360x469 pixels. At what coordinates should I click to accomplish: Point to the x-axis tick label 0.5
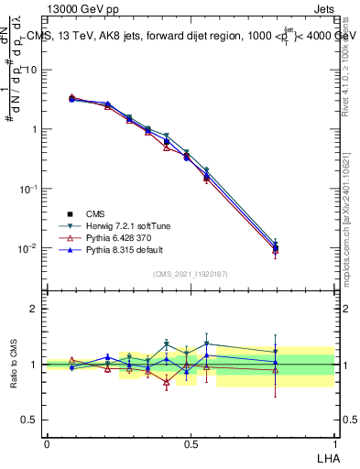[x=191, y=443]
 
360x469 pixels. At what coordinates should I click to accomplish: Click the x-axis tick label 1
[x=334, y=443]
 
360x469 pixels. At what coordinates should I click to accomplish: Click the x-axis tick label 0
[x=47, y=443]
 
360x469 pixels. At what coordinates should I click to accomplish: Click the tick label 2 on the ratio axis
[x=35, y=309]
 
